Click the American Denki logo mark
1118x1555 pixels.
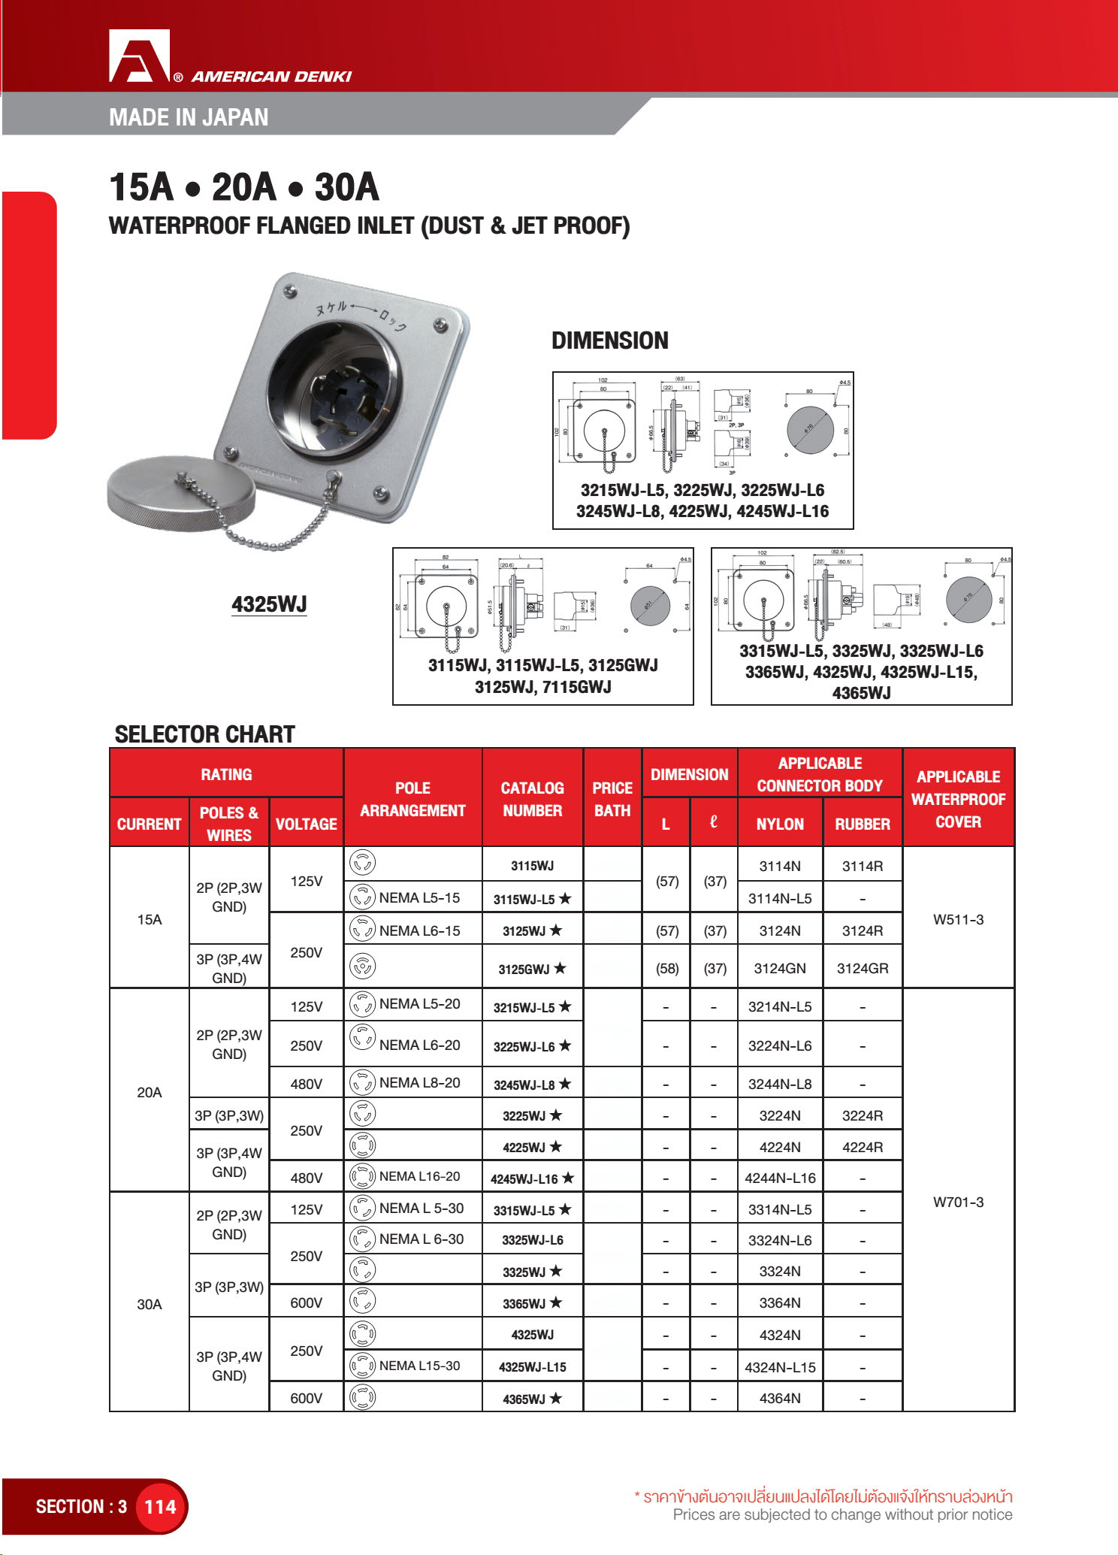tap(140, 56)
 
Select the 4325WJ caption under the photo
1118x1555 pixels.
tap(269, 604)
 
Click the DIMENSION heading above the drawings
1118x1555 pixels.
tap(609, 340)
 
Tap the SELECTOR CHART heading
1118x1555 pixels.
tap(204, 734)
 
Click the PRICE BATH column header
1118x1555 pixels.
tap(612, 799)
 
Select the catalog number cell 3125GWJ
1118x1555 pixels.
tap(532, 969)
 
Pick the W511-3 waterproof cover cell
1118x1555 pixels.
tap(958, 919)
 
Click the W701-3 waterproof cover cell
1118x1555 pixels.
tap(958, 1202)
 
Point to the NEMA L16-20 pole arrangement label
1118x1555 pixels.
tap(419, 1176)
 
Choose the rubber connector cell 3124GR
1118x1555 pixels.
tap(863, 969)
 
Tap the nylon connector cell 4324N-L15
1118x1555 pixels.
tap(780, 1367)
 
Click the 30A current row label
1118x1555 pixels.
tap(149, 1304)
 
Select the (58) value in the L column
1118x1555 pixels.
tap(666, 969)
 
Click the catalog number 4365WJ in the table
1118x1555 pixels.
tap(532, 1399)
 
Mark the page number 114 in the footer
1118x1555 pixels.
tap(160, 1507)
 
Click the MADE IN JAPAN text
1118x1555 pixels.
tap(189, 117)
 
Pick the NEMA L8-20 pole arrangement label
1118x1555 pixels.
tap(419, 1082)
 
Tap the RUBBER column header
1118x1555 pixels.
tap(863, 824)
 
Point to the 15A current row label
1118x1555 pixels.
tap(149, 919)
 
